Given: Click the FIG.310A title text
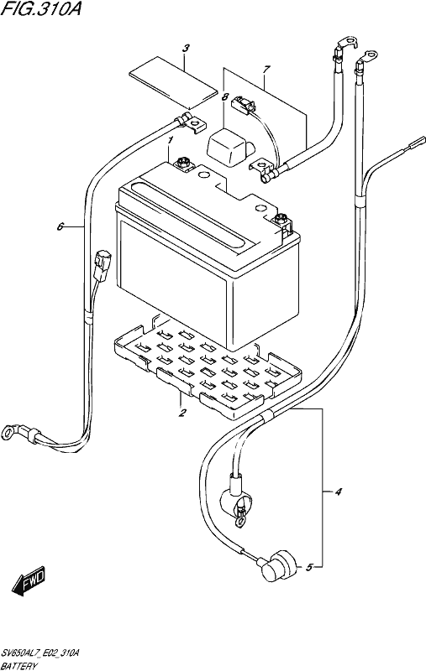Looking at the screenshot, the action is pyautogui.click(x=40, y=9).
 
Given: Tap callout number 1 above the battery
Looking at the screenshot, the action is pyautogui.click(x=170, y=140).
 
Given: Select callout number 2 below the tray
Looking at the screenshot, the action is pyautogui.click(x=182, y=413).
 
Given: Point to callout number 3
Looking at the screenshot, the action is pyautogui.click(x=185, y=49).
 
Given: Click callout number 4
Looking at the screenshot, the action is pyautogui.click(x=338, y=492).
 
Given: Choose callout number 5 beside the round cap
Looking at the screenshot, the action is pyautogui.click(x=309, y=568).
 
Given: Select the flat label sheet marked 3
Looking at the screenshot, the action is pyautogui.click(x=173, y=81).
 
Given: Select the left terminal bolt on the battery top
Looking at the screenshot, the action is pyautogui.click(x=183, y=163).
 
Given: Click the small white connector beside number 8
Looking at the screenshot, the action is pyautogui.click(x=242, y=105).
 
